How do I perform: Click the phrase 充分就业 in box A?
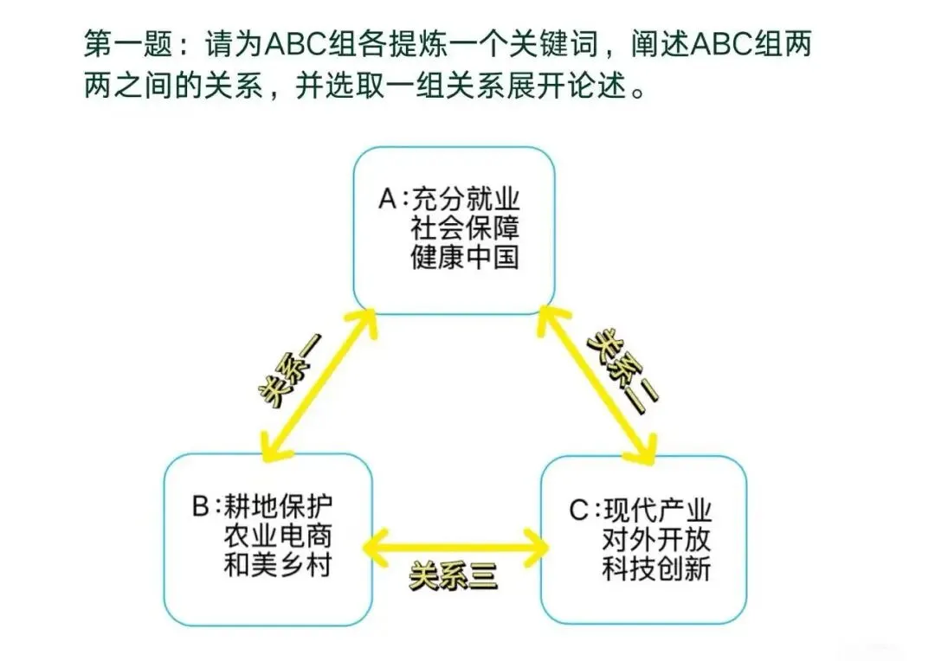tap(466, 200)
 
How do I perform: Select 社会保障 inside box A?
tap(466, 229)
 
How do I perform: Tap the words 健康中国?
tap(466, 258)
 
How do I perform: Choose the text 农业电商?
tap(278, 536)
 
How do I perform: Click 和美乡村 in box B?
tap(278, 565)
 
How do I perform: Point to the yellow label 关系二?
tap(622, 363)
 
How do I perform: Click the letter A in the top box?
tap(387, 200)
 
